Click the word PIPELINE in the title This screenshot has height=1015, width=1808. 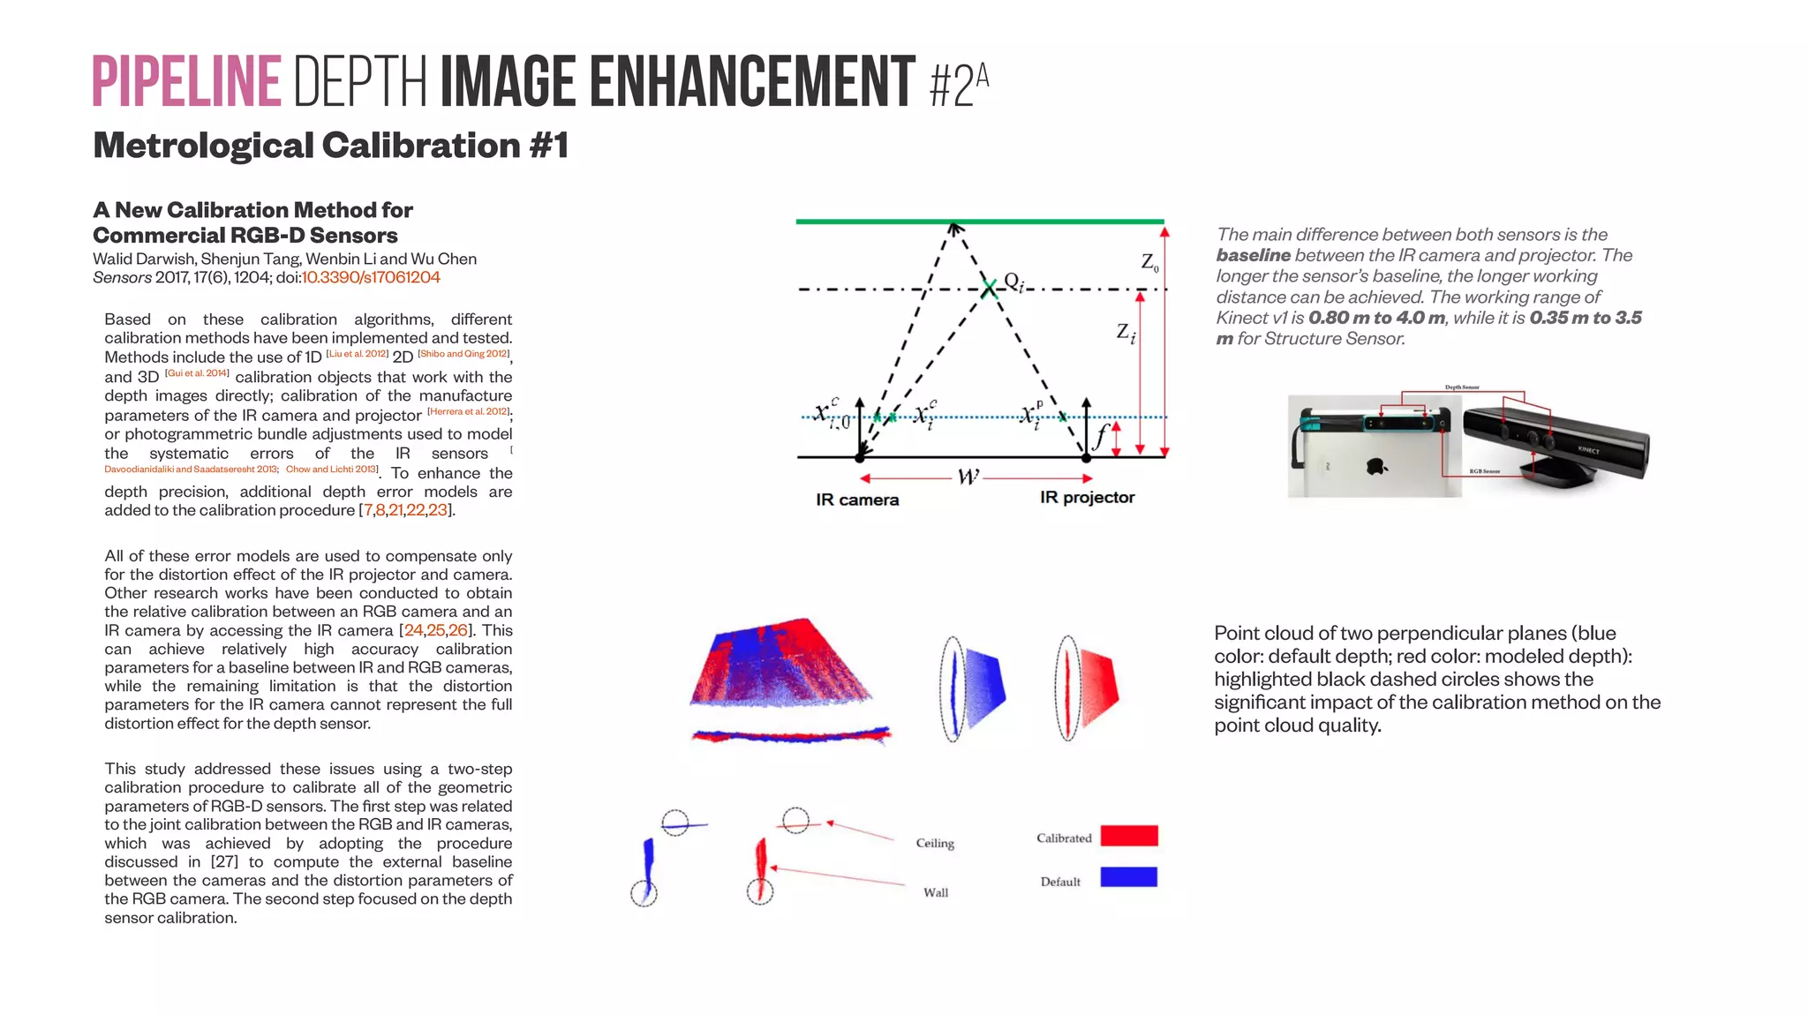tap(186, 82)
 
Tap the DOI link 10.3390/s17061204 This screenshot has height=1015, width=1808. tap(371, 277)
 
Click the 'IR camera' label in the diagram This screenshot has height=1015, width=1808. tap(857, 500)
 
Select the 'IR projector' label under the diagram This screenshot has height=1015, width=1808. tap(1087, 497)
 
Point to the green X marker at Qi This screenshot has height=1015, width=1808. tap(990, 288)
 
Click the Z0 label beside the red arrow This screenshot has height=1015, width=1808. tap(1149, 262)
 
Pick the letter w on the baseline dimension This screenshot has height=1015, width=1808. tap(968, 477)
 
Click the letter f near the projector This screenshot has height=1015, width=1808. tap(1101, 435)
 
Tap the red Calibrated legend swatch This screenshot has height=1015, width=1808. tap(1129, 836)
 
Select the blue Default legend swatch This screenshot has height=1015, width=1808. tap(1128, 876)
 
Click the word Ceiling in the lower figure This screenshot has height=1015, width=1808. tap(935, 843)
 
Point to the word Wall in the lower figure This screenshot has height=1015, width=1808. tap(936, 892)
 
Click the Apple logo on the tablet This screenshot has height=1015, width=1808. tap(1375, 465)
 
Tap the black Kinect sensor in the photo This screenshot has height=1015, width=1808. tap(1554, 441)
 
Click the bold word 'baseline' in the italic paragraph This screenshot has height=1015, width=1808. tap(1253, 255)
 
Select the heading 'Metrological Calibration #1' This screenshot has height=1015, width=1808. tap(330, 146)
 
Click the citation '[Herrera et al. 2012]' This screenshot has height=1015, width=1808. tap(468, 411)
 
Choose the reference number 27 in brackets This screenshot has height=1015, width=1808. tap(218, 861)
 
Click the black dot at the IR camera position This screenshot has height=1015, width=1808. tap(860, 457)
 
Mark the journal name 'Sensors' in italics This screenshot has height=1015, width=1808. tap(122, 277)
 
